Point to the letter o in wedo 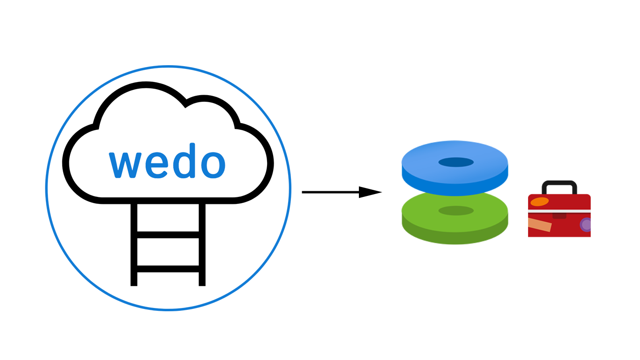point(211,165)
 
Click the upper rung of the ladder point(168,234)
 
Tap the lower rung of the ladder point(168,269)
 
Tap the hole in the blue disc point(456,162)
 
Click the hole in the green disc point(456,211)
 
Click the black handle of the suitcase point(559,184)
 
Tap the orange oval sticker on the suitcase point(539,202)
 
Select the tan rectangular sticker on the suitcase point(540,225)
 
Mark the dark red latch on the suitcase point(559,216)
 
